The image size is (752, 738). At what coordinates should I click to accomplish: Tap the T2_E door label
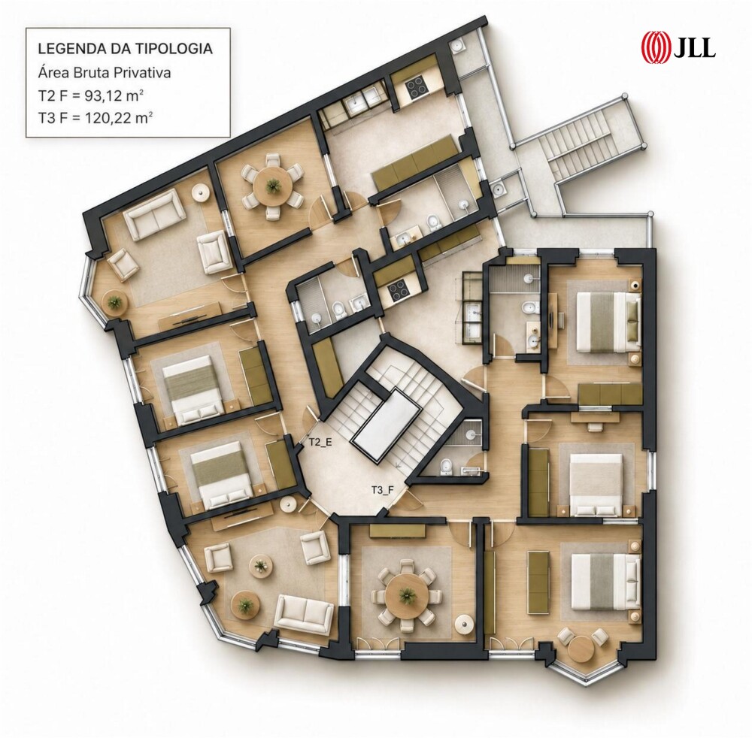click(x=320, y=443)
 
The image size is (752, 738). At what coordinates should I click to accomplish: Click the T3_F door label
click(x=382, y=490)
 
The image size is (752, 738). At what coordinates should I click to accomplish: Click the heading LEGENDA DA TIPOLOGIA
click(x=125, y=49)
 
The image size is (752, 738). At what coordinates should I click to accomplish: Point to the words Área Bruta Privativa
click(x=104, y=74)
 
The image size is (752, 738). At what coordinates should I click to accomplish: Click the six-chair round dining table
click(x=273, y=186)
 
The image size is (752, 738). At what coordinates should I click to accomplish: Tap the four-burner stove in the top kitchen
click(x=414, y=88)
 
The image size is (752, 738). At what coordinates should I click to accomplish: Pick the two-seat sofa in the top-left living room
click(x=154, y=214)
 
